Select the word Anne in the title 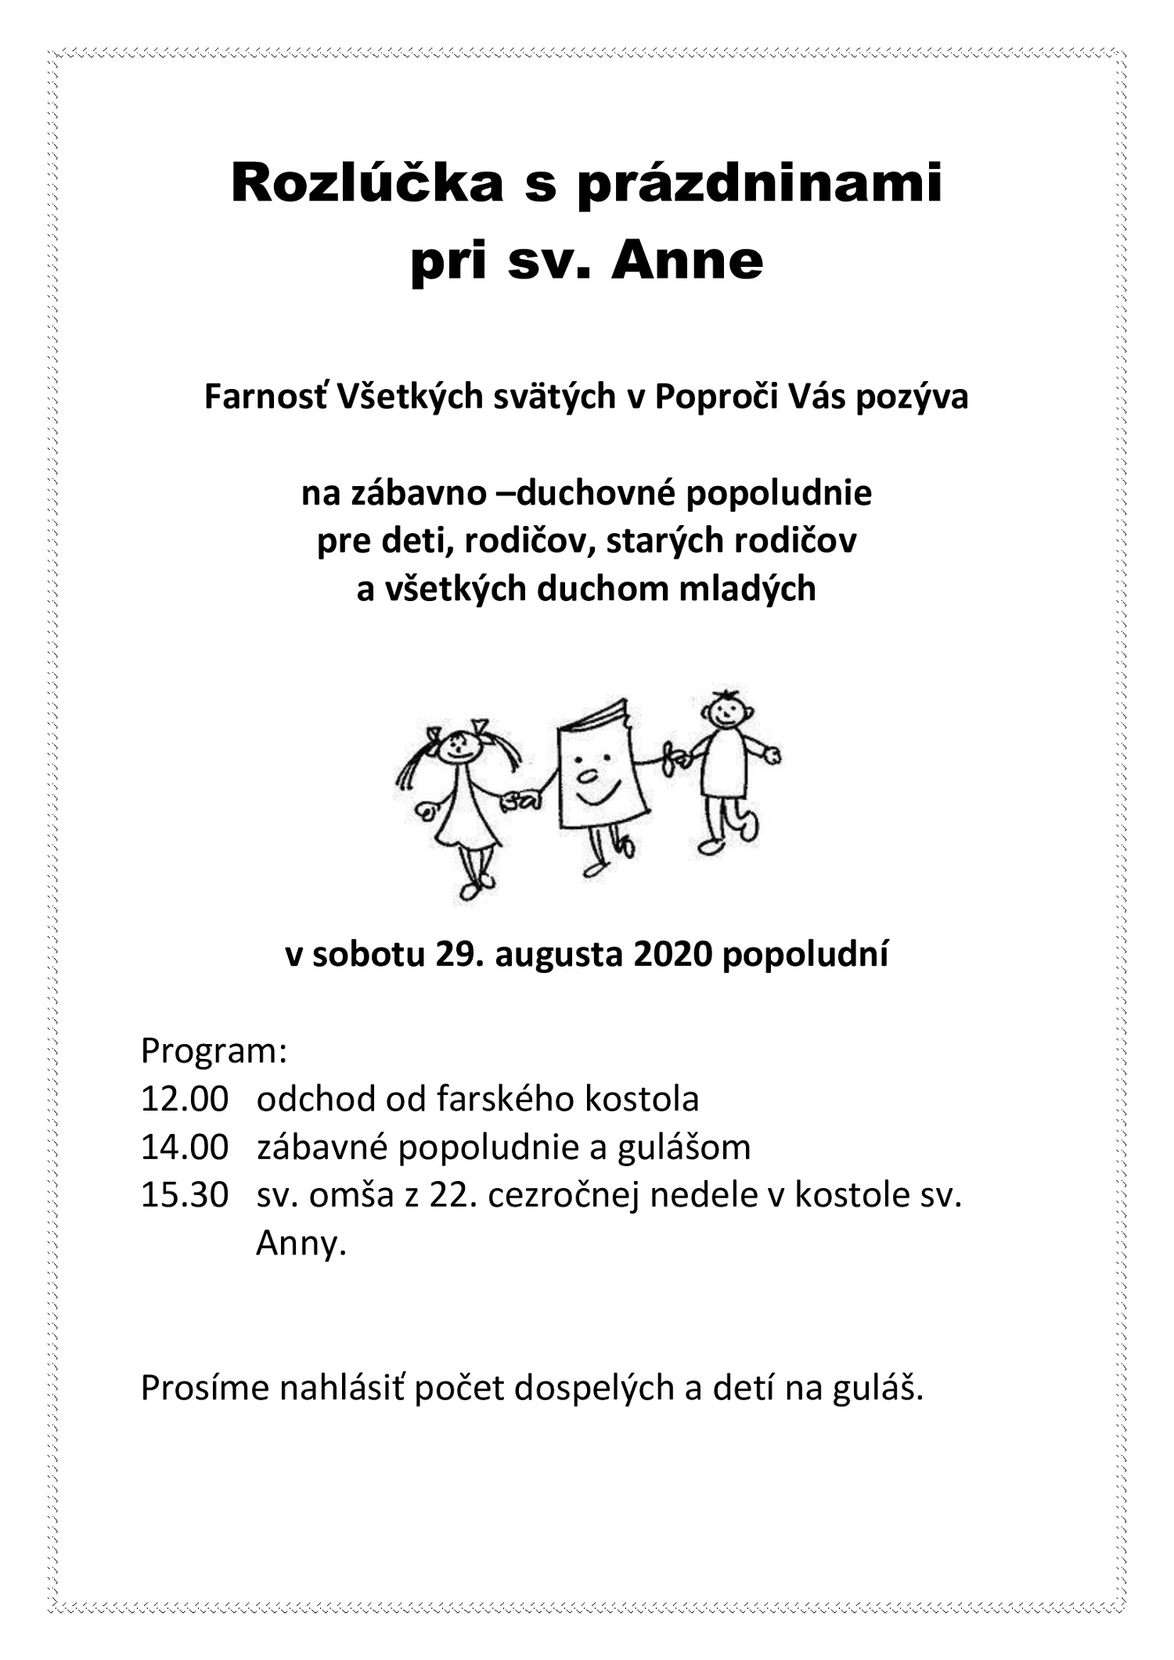(686, 261)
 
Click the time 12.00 (184, 1100)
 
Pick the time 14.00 (184, 1148)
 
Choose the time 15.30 (184, 1196)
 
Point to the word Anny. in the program (301, 1244)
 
